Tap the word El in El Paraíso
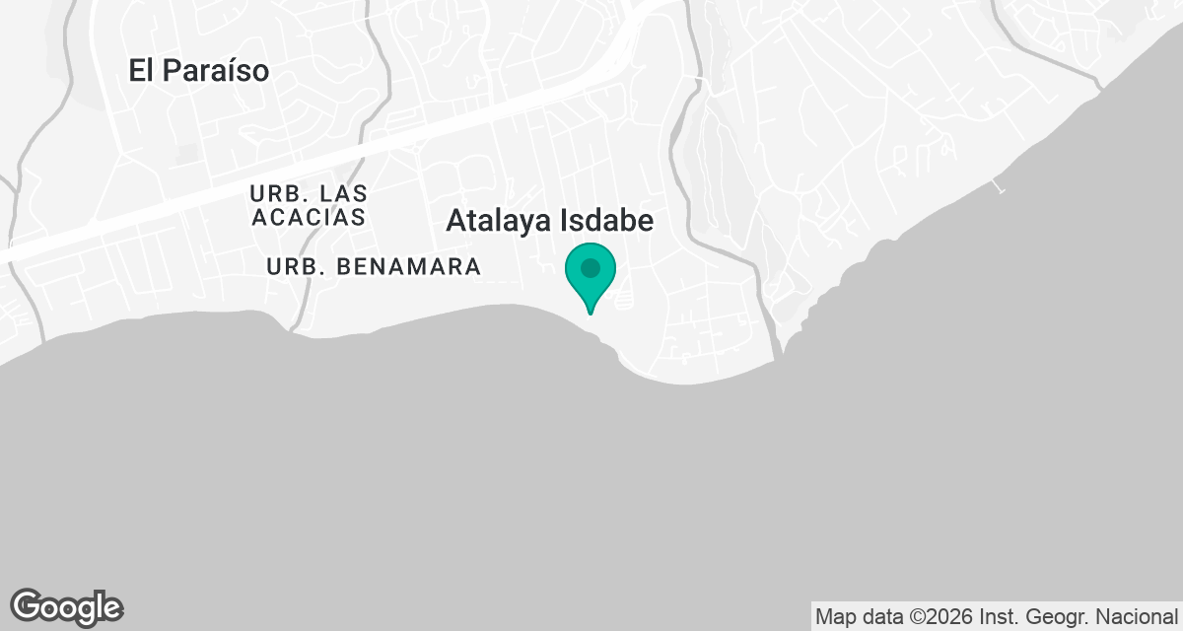pyautogui.click(x=143, y=71)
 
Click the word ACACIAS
pyautogui.click(x=309, y=217)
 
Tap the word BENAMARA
pyautogui.click(x=408, y=266)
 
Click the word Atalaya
pyautogui.click(x=496, y=221)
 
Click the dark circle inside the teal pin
pyautogui.click(x=591, y=268)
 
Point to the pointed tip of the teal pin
pyautogui.click(x=591, y=313)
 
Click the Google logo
pyautogui.click(x=66, y=606)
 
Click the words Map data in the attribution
pyautogui.click(x=853, y=617)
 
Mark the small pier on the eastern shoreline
pyautogui.click(x=1000, y=184)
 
